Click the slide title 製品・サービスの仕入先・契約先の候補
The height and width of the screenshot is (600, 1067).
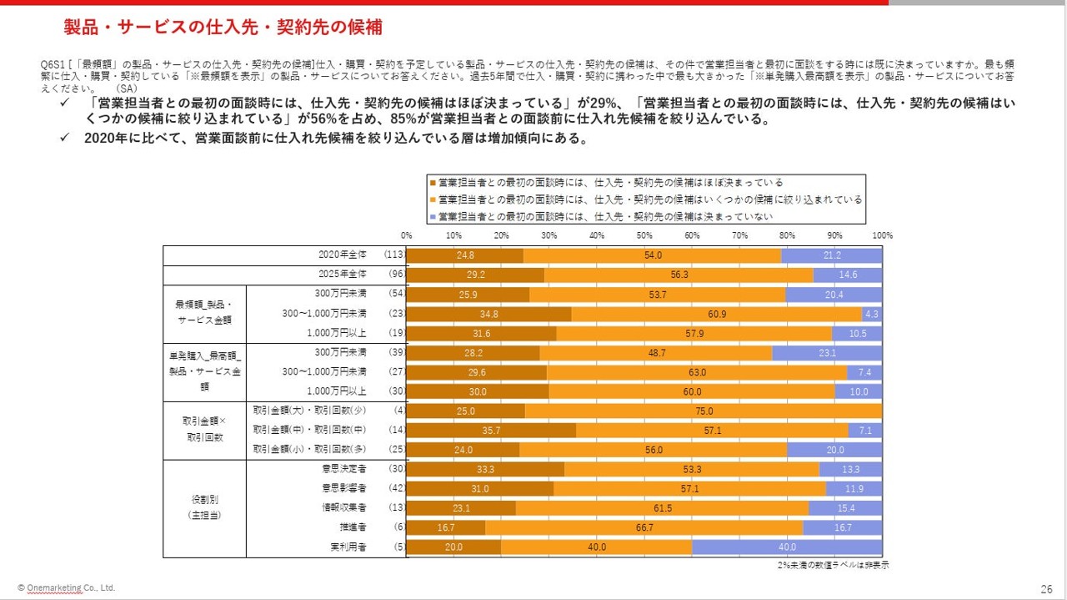point(223,28)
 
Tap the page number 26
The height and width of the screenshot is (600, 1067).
point(1046,587)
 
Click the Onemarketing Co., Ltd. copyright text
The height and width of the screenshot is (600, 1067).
point(67,587)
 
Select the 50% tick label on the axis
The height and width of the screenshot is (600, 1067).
point(644,235)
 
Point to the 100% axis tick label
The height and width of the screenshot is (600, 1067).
point(881,235)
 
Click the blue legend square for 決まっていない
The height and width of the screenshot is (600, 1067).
point(432,216)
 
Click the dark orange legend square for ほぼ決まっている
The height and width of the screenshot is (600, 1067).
point(432,182)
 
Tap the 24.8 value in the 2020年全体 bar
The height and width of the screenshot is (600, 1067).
point(465,255)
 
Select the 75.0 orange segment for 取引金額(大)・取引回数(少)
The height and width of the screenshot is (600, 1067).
point(704,411)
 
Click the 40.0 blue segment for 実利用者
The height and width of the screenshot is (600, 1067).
point(786,547)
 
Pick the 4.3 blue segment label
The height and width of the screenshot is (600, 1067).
point(872,314)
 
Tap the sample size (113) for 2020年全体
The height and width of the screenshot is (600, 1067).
point(393,255)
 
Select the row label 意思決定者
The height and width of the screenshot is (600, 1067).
point(349,470)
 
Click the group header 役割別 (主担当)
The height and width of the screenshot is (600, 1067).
point(204,508)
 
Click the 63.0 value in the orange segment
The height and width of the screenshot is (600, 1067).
point(697,372)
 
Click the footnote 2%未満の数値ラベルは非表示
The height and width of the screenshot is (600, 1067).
point(832,565)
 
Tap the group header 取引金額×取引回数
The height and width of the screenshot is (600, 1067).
point(204,431)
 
